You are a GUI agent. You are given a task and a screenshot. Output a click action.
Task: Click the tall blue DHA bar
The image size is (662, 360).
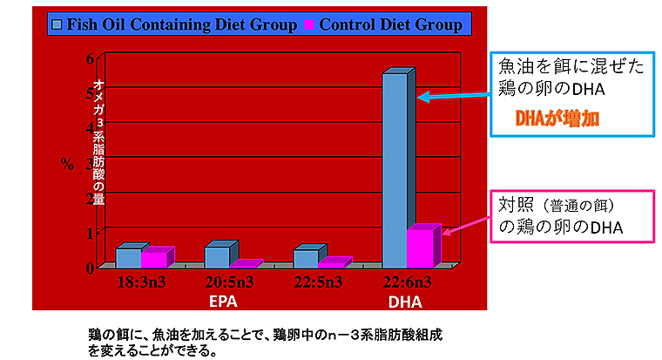click(x=395, y=170)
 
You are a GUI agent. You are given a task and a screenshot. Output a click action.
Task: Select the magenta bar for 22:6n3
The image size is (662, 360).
click(x=419, y=248)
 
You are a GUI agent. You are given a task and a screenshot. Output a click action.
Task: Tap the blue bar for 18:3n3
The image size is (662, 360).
click(x=128, y=257)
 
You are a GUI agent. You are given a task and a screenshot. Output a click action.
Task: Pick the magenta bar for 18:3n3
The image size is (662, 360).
click(x=153, y=259)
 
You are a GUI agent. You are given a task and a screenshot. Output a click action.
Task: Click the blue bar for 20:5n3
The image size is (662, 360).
click(x=218, y=256)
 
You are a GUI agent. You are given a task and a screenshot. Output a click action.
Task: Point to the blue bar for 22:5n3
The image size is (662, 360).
click(x=306, y=258)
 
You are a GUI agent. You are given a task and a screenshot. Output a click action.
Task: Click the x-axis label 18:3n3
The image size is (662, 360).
click(x=142, y=282)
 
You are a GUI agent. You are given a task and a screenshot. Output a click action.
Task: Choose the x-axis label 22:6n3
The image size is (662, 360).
click(x=405, y=282)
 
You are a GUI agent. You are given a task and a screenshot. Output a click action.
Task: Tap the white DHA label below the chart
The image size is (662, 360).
click(x=404, y=302)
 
